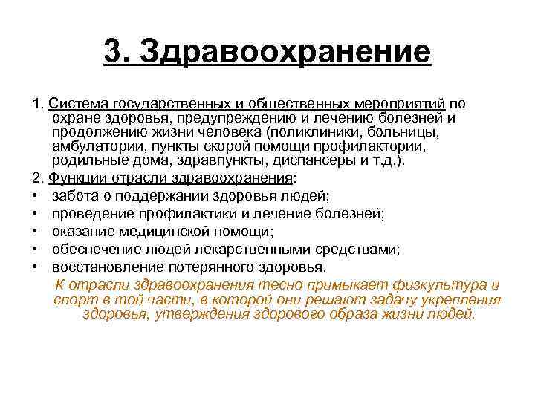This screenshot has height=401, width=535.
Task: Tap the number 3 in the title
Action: (x=112, y=52)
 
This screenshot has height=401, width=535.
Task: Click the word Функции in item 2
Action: (x=74, y=178)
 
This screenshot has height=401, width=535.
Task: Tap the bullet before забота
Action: (x=36, y=196)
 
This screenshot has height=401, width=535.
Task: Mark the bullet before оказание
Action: (x=36, y=232)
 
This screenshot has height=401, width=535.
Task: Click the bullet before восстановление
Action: (x=36, y=267)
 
